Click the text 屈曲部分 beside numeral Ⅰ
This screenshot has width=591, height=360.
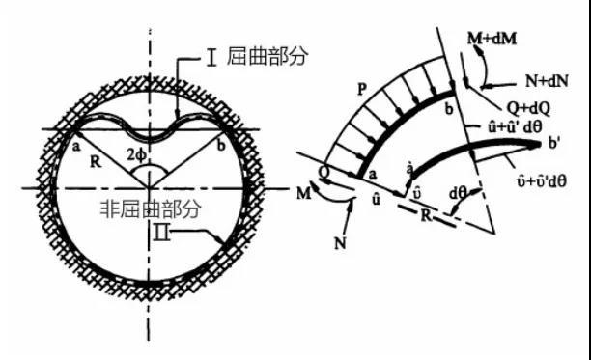pos(275,57)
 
